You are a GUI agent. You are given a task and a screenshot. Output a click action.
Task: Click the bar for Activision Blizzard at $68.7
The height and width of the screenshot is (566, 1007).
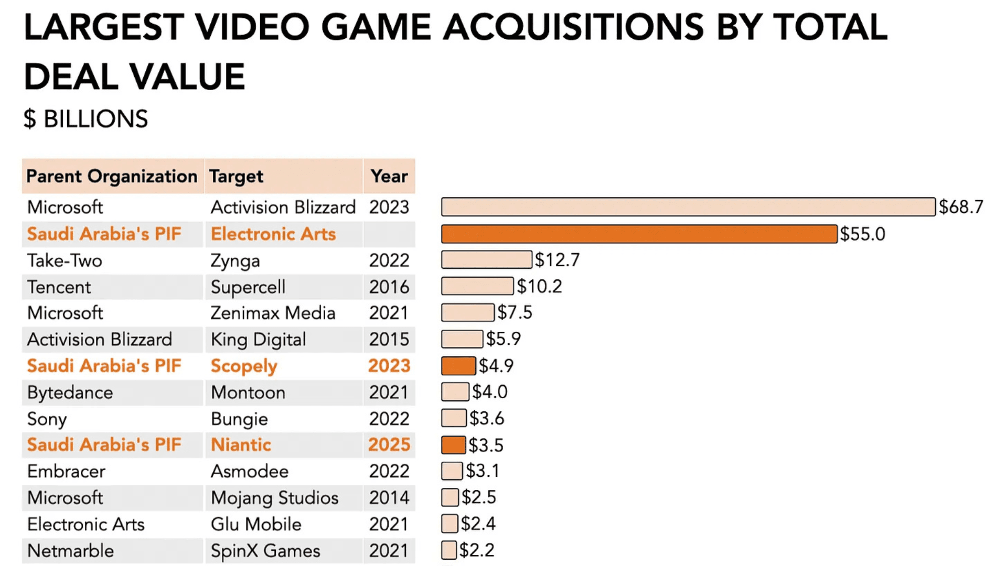click(x=688, y=207)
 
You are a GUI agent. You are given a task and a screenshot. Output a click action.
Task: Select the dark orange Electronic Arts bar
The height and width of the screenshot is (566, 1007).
click(x=639, y=234)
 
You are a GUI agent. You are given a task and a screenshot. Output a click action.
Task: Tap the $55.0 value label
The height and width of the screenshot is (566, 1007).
click(x=862, y=234)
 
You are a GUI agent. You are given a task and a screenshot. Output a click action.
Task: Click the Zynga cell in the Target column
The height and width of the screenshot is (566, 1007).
click(x=235, y=260)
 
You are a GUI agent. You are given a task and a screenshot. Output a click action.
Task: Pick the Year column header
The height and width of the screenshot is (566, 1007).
click(x=389, y=176)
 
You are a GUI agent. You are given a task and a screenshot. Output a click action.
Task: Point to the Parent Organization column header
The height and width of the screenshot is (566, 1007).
click(x=112, y=176)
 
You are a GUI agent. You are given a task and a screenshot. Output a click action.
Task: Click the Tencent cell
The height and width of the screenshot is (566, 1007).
click(x=59, y=287)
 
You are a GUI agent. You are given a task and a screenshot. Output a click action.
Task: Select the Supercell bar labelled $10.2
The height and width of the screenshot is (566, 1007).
click(x=477, y=286)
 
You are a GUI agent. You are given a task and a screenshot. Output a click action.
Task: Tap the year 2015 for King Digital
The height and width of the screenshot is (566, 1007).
click(x=389, y=340)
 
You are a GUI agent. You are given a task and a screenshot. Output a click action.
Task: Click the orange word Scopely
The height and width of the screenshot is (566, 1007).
click(x=244, y=366)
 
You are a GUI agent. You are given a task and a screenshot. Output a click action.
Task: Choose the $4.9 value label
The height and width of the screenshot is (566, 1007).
click(x=496, y=365)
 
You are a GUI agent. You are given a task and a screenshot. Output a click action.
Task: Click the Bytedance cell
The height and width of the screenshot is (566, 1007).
click(x=70, y=393)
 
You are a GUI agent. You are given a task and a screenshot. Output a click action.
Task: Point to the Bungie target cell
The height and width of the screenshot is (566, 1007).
click(x=239, y=419)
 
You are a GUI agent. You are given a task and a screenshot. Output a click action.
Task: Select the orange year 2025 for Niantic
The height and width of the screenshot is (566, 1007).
click(x=389, y=444)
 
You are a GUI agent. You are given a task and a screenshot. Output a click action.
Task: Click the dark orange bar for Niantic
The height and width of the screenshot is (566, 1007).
click(x=453, y=445)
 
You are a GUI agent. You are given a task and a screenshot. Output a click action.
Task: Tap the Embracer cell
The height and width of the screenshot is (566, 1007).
click(x=66, y=471)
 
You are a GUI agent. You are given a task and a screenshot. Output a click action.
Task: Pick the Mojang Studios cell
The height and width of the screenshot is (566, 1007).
click(x=274, y=498)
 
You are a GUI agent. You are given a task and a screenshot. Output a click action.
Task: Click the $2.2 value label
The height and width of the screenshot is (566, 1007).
click(x=477, y=550)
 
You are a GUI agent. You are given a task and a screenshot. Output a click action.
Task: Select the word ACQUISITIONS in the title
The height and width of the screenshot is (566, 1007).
click(x=573, y=27)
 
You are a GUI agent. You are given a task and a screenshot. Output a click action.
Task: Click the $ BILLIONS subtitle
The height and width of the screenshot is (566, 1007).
click(x=85, y=119)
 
